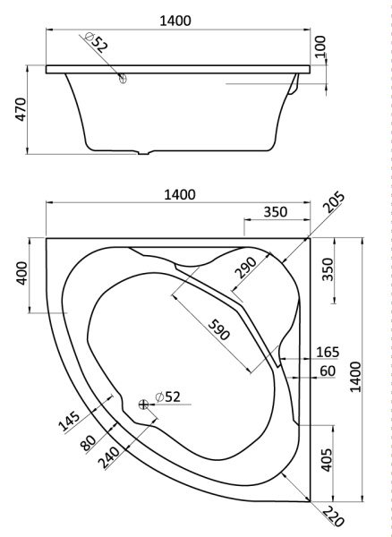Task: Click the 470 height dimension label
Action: point(21,109)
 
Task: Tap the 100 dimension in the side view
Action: point(320,47)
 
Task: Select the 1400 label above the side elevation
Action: point(175,21)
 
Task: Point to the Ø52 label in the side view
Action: point(96,42)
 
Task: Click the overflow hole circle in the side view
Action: point(123,79)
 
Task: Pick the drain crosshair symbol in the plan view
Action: point(144,405)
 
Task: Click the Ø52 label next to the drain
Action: point(167,396)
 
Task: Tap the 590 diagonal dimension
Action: point(218,329)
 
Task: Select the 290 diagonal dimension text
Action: point(246,268)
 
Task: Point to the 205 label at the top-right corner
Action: point(334,203)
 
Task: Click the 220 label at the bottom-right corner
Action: point(333,516)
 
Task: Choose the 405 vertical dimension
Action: point(327,460)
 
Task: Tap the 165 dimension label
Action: point(328,353)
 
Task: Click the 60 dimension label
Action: point(328,371)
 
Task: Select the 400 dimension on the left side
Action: point(21,273)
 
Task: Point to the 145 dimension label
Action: point(69,421)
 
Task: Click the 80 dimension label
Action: point(88,444)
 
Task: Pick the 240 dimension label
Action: point(109,458)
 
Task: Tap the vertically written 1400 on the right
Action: point(355,377)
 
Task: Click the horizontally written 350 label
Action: point(276,212)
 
